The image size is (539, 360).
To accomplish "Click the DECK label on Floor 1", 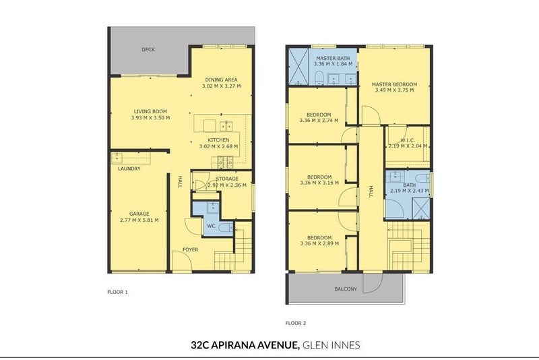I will [x=148, y=49].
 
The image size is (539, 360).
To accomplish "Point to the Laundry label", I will [x=129, y=169].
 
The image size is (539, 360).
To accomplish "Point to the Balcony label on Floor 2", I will [x=346, y=289].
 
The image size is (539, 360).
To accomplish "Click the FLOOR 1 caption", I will [x=117, y=293].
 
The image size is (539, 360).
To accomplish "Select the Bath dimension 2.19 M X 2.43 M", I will [x=408, y=191].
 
